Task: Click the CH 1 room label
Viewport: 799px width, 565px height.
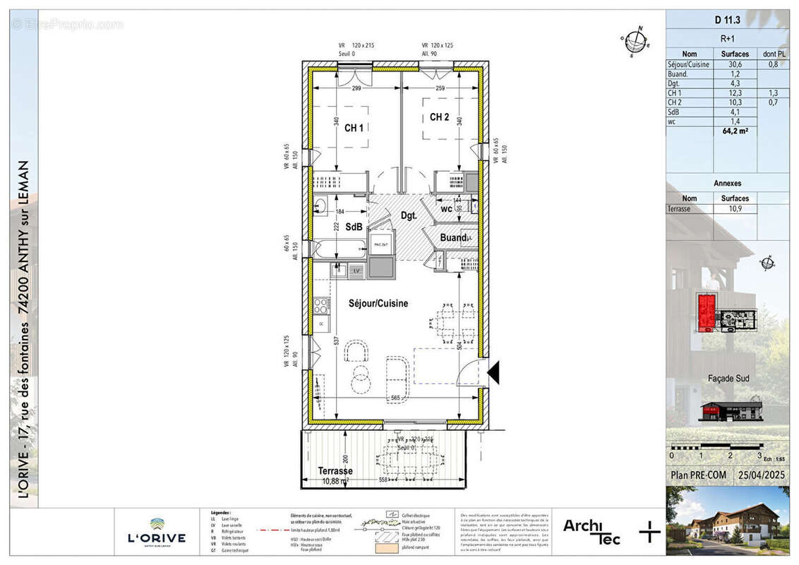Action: click(354, 129)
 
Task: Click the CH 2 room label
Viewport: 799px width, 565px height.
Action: click(440, 117)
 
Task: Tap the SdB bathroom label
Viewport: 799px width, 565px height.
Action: click(354, 227)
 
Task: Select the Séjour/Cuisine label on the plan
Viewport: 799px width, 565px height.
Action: click(378, 304)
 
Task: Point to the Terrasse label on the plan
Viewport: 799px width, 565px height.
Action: click(335, 471)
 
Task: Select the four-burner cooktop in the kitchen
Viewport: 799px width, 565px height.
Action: click(321, 306)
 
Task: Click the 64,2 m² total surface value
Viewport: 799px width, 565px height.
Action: click(735, 131)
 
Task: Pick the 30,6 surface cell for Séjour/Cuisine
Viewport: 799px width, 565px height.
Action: click(735, 64)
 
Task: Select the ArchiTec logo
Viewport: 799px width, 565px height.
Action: click(591, 531)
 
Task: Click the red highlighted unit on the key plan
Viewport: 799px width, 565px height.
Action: click(706, 312)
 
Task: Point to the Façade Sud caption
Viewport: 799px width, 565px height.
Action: click(728, 379)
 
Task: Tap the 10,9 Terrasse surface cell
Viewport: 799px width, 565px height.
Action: click(735, 210)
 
